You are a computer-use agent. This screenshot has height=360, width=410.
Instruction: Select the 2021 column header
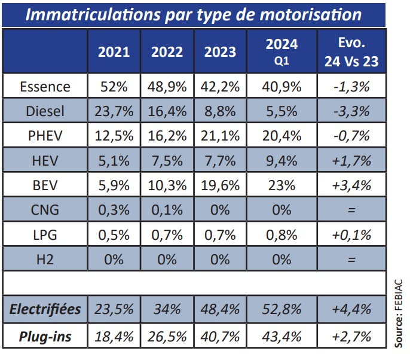coord(114,51)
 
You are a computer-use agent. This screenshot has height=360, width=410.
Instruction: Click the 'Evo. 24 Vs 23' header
coord(351,51)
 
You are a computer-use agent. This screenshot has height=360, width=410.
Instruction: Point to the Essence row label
coord(45,87)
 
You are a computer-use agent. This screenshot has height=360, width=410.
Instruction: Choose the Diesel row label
coord(45,111)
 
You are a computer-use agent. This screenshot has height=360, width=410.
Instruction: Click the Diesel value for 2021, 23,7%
coord(114,111)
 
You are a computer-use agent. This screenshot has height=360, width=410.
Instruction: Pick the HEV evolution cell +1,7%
coord(351,160)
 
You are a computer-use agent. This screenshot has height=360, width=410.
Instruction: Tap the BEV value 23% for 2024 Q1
coord(282,185)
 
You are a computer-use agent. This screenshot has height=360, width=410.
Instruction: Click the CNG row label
coord(45,210)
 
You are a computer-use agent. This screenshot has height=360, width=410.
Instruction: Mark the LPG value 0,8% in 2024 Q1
coord(282,234)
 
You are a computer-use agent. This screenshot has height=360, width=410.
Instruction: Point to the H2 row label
coord(45,260)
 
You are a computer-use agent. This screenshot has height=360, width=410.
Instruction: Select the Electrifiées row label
coord(45,309)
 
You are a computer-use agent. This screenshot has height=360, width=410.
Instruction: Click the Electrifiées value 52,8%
coord(282,309)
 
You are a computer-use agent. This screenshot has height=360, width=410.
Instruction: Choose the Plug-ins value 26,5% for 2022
coord(167,337)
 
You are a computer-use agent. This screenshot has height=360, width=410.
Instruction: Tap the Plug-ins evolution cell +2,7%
coord(351,337)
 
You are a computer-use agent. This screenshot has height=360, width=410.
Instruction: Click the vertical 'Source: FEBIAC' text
coord(399,313)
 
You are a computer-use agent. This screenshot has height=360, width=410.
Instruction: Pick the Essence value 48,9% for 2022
coord(167,87)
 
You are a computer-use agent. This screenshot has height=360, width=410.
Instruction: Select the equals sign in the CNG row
coord(351,210)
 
